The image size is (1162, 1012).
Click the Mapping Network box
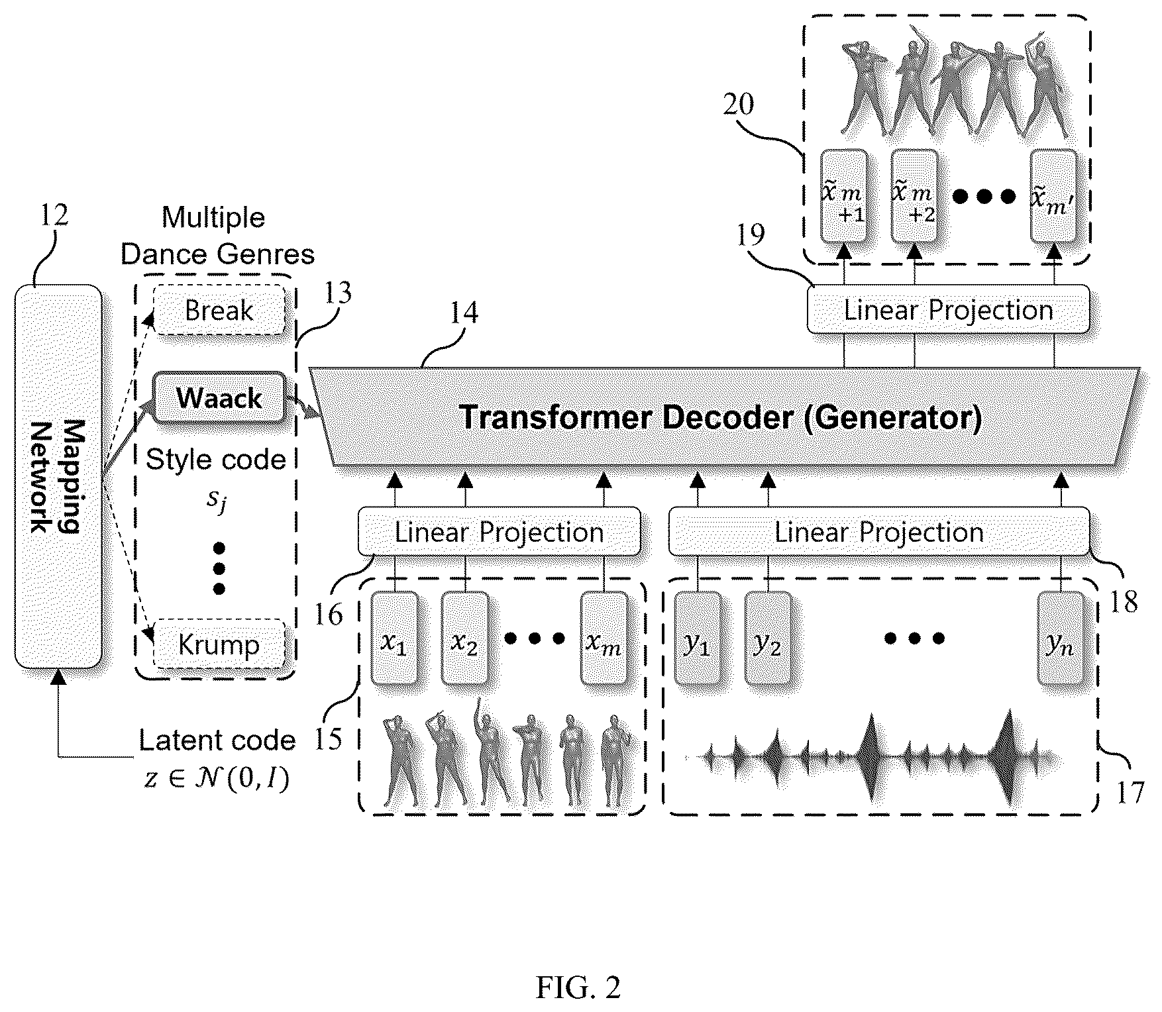click(58, 476)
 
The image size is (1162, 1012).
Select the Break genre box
click(219, 310)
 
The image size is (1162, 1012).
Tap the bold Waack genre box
click(219, 398)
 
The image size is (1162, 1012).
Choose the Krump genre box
click(219, 644)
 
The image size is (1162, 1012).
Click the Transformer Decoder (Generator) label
click(721, 417)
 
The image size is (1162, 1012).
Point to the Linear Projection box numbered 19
click(948, 309)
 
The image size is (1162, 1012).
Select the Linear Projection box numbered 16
click(500, 531)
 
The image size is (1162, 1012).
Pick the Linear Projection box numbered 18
click(879, 531)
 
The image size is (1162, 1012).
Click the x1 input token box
click(394, 638)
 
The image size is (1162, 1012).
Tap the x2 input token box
click(465, 638)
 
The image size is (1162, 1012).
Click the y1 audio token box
click(697, 638)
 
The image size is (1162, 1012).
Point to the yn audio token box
click(1061, 638)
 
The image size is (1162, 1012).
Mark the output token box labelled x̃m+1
click(844, 196)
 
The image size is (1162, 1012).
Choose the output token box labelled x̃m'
click(1054, 196)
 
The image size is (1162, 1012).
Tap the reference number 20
click(738, 104)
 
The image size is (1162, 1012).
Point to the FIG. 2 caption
click(578, 988)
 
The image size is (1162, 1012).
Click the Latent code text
click(217, 740)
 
